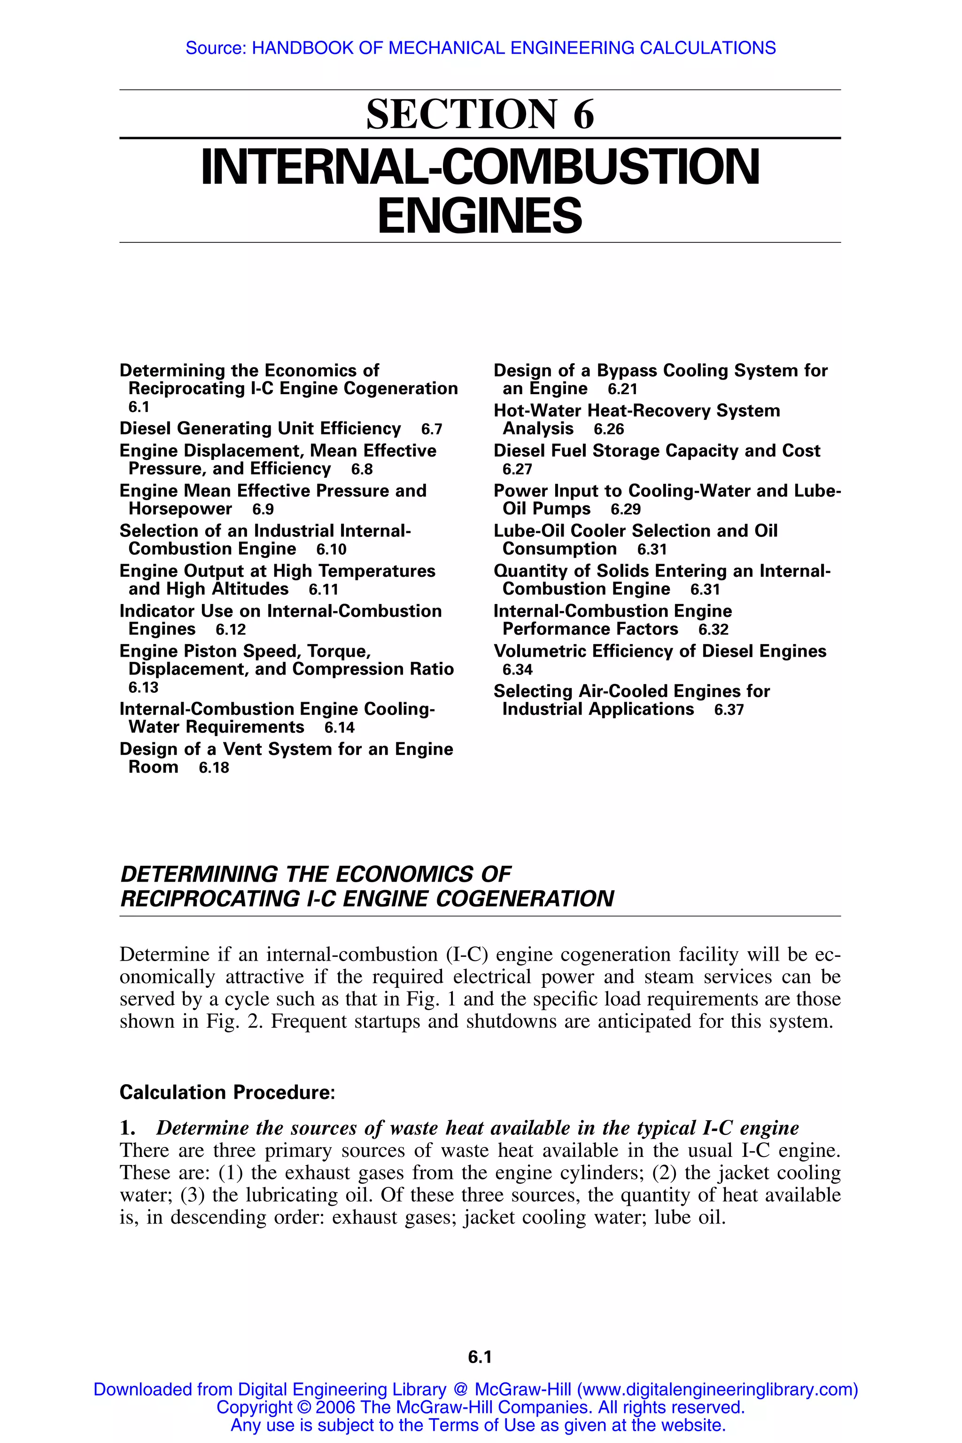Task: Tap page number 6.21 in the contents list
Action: coord(622,389)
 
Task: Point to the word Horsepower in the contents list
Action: coord(180,509)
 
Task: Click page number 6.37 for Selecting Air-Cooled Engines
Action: coord(729,710)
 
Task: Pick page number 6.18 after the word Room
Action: coord(214,768)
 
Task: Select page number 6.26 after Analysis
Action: coord(609,429)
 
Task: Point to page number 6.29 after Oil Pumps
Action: coord(625,510)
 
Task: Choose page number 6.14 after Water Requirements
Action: coord(339,728)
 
